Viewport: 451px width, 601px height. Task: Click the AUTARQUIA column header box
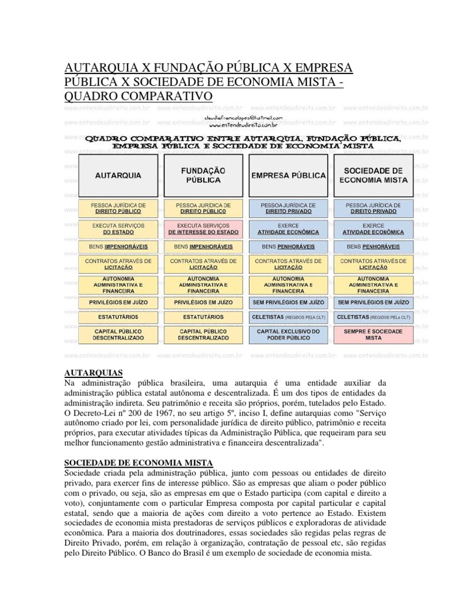tap(118, 175)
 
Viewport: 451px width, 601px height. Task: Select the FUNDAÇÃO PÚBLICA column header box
tap(203, 175)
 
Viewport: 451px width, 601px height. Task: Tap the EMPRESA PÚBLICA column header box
tap(288, 175)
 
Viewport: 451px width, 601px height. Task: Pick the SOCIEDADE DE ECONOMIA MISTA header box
tap(373, 175)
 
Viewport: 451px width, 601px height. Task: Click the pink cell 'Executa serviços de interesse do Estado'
tap(203, 228)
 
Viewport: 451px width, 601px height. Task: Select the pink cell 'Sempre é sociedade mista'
tap(373, 335)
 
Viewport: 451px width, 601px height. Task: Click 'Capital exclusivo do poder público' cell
tap(288, 335)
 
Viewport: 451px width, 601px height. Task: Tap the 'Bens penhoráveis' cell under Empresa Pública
tap(288, 247)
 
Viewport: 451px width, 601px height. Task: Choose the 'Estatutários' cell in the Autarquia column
tap(118, 316)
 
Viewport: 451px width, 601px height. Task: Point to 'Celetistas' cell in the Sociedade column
tap(373, 316)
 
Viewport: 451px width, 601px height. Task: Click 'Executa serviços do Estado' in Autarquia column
tap(118, 228)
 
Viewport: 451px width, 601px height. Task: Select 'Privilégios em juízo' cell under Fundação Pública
tap(203, 302)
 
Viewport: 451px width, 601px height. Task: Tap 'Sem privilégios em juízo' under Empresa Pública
tap(288, 302)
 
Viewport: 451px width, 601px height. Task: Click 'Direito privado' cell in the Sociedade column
tap(373, 208)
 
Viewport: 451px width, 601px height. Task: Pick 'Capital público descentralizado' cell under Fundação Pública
tap(203, 335)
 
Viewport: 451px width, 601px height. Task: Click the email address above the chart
tap(243, 117)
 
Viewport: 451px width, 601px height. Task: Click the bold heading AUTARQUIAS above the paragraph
tap(93, 373)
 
